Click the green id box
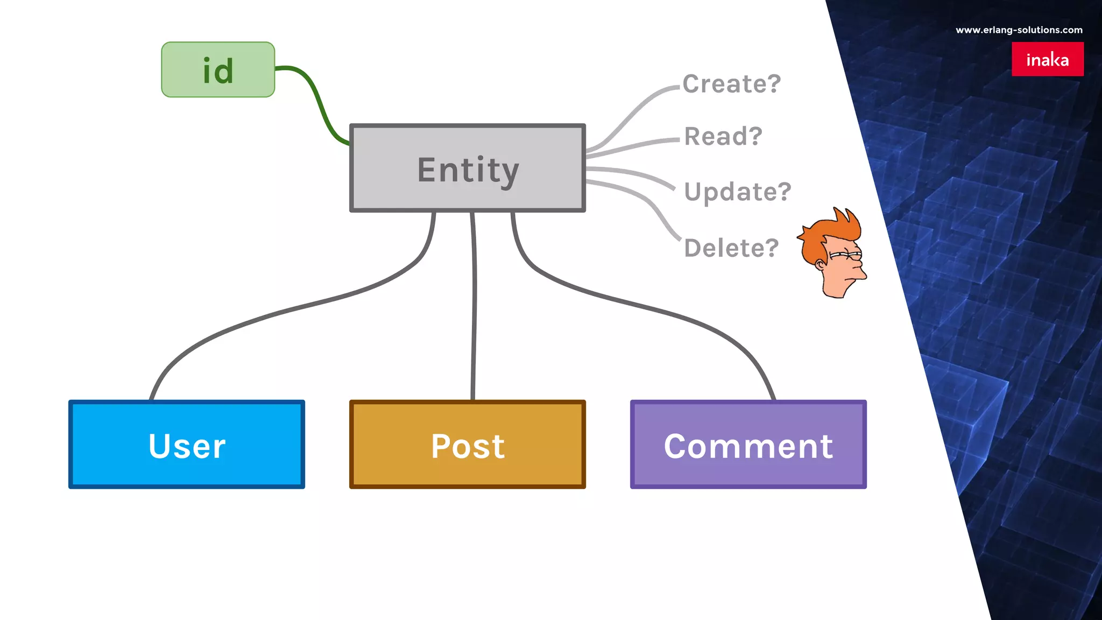218,70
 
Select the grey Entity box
467,168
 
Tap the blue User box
187,445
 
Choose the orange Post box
467,445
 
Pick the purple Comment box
748,445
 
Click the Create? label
731,84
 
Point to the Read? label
723,136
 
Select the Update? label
737,192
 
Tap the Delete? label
731,248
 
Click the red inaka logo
1047,59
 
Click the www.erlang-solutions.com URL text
1019,30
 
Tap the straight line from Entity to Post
474,307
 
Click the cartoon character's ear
820,264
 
